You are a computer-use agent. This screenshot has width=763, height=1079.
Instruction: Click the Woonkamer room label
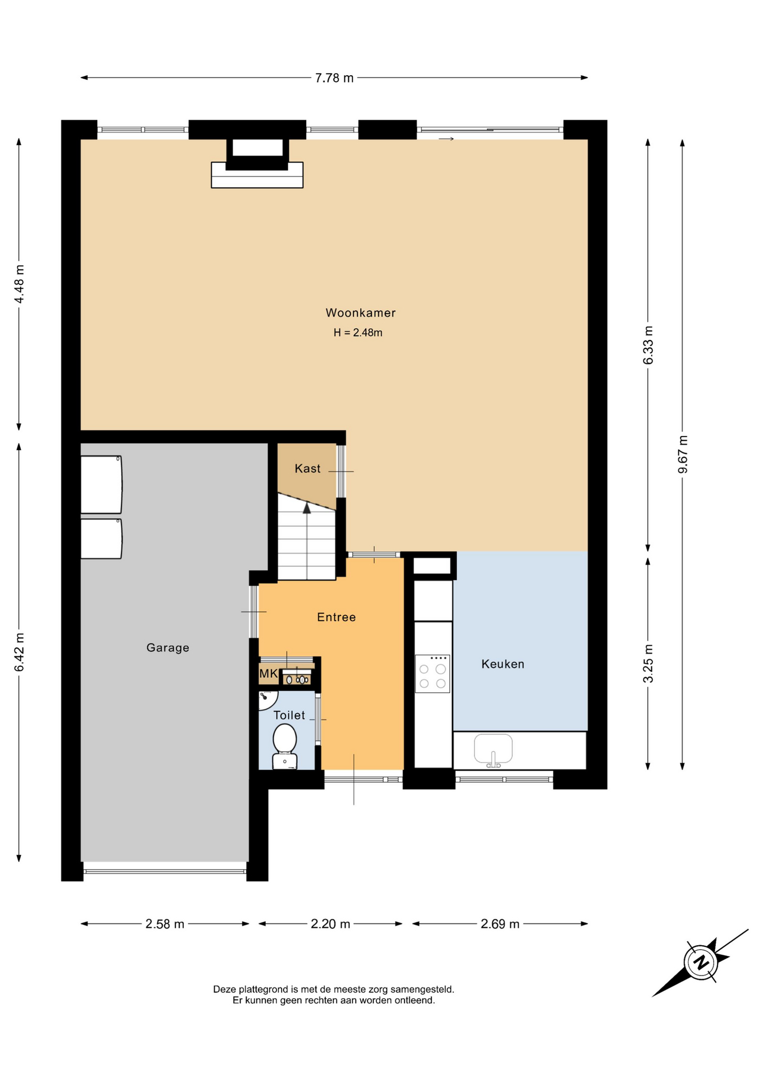pos(361,313)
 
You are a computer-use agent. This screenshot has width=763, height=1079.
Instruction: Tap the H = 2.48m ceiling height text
pos(358,333)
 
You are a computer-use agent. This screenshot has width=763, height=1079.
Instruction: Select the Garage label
pos(168,648)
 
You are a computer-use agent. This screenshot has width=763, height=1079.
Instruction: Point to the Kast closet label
pos(307,469)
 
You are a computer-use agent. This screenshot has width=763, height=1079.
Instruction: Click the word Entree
pos(337,618)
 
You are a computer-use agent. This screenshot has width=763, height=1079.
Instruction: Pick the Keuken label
pos(503,664)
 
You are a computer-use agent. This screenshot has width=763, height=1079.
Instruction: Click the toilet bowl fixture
pos(285,746)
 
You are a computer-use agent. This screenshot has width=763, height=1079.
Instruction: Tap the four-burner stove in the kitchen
pos(433,673)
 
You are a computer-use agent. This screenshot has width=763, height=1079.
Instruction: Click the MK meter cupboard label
pos(268,674)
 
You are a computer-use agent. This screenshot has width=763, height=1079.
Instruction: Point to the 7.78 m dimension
pos(334,78)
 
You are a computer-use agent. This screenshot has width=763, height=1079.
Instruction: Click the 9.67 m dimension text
pos(683,454)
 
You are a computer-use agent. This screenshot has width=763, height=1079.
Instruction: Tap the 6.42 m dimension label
pos(19,652)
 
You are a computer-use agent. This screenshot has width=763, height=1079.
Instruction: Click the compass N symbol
pos(701,963)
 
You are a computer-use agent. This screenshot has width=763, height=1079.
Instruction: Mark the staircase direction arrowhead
pos(307,508)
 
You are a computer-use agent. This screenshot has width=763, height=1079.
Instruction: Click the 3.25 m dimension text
pos(648,663)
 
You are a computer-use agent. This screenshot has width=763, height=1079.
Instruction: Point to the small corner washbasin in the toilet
pos(267,700)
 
